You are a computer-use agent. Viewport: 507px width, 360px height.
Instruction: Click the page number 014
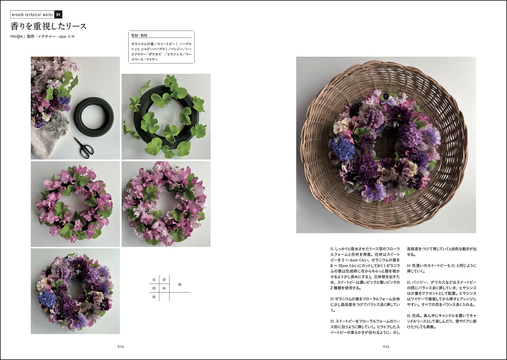[x=120, y=346]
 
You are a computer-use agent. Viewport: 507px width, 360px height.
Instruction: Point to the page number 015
[x=386, y=346]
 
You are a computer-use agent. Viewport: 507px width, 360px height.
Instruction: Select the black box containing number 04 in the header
[x=58, y=15]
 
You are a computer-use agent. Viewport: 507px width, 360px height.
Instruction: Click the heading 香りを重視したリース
[x=48, y=26]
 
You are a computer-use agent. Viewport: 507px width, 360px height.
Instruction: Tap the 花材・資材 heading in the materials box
[x=139, y=36]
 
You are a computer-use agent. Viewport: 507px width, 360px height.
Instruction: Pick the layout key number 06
[x=180, y=284]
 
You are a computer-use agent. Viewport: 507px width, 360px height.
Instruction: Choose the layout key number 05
[x=154, y=297]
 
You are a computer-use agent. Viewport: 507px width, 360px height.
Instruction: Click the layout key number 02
[x=164, y=280]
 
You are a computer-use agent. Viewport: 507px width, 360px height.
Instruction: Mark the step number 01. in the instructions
[x=332, y=249]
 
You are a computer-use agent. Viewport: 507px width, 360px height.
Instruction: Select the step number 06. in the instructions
[x=409, y=316]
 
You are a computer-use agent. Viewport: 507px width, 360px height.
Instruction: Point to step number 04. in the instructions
[x=409, y=266]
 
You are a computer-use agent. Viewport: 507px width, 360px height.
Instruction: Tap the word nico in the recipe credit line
[x=62, y=36]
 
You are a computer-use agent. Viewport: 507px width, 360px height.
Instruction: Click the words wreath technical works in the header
[x=32, y=15]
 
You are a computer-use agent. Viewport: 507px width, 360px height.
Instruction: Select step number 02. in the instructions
[x=332, y=299]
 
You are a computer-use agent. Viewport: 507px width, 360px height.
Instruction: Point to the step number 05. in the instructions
[x=409, y=282]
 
